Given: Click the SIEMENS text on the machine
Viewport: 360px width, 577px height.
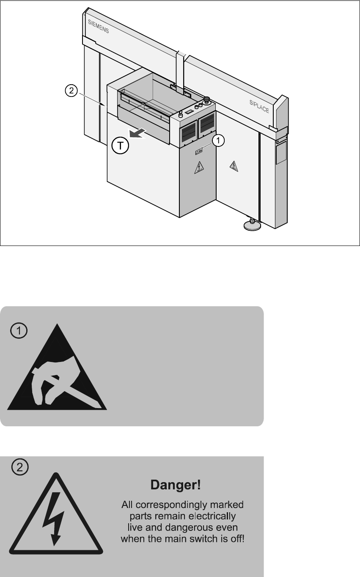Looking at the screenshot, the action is [x=98, y=29].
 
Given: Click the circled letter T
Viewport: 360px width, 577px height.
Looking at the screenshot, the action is [x=121, y=146].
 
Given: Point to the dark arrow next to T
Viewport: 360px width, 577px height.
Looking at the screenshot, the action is [x=138, y=133].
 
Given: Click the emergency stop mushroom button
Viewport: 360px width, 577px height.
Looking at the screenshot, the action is [x=207, y=101].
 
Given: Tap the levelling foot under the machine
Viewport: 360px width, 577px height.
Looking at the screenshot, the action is [x=252, y=225].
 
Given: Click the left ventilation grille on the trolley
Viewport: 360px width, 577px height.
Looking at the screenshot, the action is [x=188, y=135].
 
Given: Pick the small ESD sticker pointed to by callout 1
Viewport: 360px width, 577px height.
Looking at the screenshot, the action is [x=198, y=151].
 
